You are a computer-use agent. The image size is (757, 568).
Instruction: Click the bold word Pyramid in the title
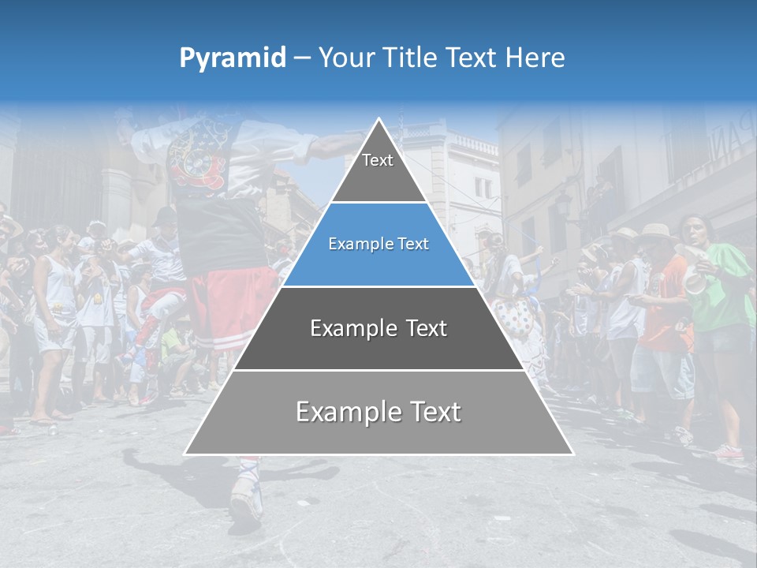[233, 58]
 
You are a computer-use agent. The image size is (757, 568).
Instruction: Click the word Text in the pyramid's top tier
[378, 161]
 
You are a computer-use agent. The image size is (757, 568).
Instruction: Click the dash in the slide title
[302, 58]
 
